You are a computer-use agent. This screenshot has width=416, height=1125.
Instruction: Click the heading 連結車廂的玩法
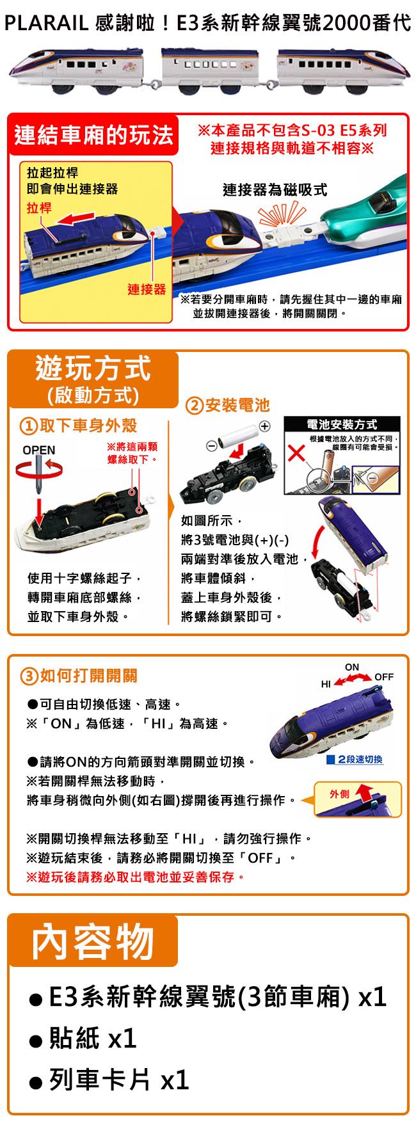click(94, 135)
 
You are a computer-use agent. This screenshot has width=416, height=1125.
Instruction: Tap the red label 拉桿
click(40, 209)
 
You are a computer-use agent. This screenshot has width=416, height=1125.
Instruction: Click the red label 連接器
click(146, 289)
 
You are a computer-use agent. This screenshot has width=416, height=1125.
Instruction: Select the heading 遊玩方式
click(94, 369)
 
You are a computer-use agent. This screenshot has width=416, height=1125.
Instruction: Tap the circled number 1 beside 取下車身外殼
click(28, 426)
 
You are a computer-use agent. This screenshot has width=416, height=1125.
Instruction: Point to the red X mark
click(295, 456)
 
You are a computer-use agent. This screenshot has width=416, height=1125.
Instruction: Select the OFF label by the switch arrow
click(384, 676)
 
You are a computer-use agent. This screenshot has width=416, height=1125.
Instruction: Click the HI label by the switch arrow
click(326, 684)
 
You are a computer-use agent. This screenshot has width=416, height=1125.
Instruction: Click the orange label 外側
click(339, 794)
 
